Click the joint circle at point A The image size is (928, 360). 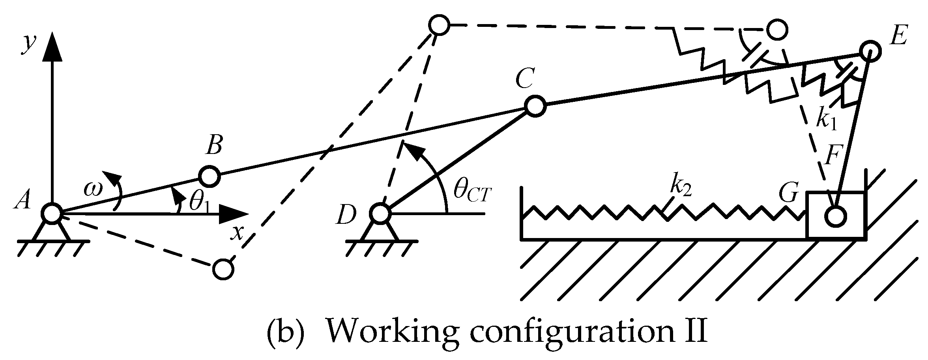51,214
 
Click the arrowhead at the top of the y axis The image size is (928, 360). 52,47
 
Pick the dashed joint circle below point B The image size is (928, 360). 223,270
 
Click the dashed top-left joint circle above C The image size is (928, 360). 439,26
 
